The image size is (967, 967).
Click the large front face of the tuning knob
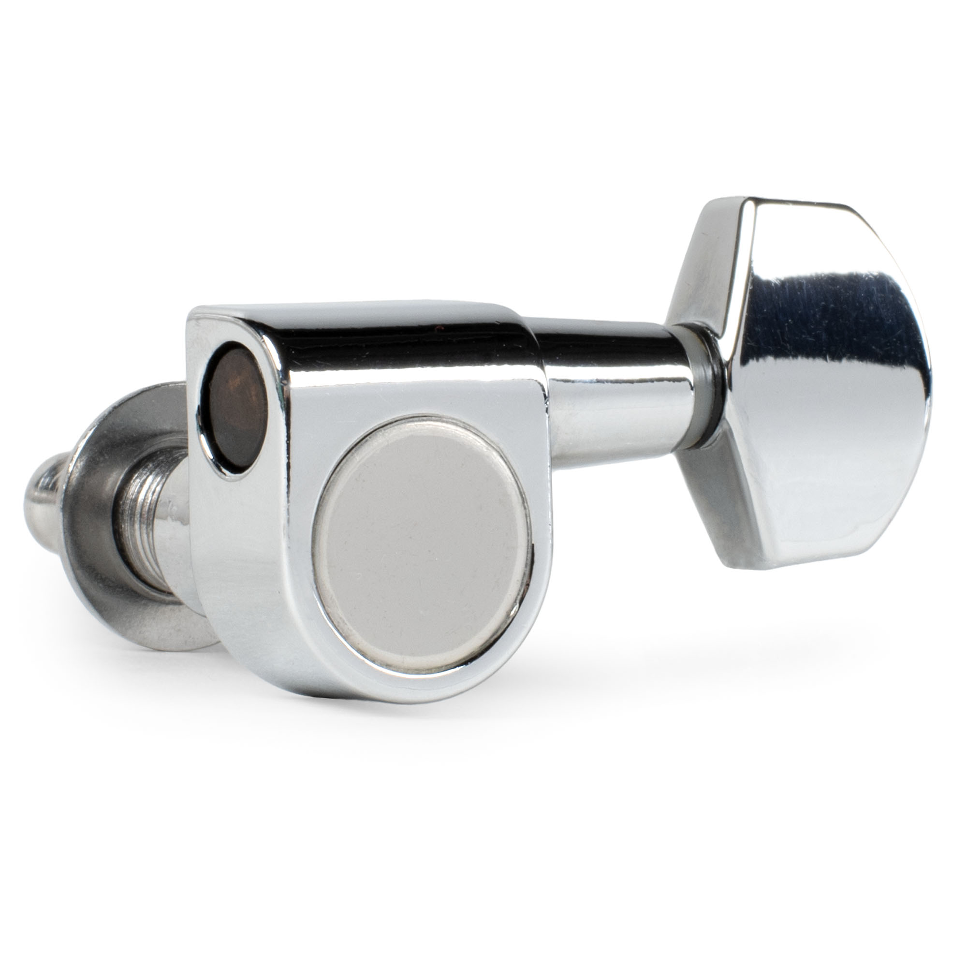[831, 385]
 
